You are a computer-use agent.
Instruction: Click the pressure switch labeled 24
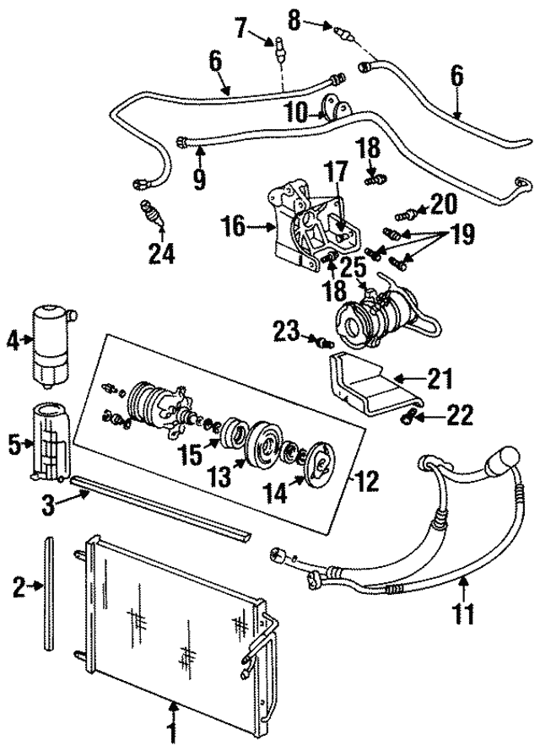[150, 213]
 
